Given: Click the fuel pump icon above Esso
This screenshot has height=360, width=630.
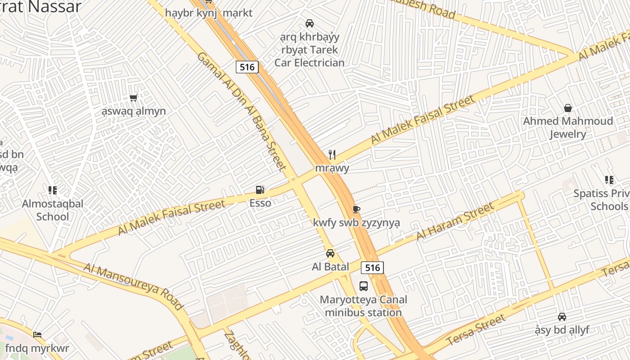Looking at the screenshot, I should click(x=260, y=190).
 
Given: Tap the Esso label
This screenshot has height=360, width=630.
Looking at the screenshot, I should click(x=260, y=203).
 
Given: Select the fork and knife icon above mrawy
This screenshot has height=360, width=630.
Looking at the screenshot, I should click(x=332, y=155).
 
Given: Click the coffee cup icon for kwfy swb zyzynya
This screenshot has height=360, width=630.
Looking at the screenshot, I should click(x=356, y=209).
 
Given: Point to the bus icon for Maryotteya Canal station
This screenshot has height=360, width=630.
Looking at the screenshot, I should click(x=363, y=286).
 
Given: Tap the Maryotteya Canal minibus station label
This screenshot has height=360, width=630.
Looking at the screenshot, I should click(x=363, y=306).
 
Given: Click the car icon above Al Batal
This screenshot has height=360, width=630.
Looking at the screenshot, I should click(x=330, y=253).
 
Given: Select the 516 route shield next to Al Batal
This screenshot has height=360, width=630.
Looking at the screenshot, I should click(x=372, y=268).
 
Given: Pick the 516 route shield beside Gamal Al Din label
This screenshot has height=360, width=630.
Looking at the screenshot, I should click(x=247, y=67).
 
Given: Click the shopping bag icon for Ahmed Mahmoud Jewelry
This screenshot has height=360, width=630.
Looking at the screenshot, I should click(x=568, y=108).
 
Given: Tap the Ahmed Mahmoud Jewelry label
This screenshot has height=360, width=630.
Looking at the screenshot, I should click(x=568, y=127).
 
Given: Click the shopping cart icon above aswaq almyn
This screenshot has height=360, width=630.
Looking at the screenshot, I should click(x=133, y=98).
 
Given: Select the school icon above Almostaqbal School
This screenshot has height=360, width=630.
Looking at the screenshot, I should click(x=53, y=190).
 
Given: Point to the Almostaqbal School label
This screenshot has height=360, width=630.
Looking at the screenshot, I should click(x=53, y=210).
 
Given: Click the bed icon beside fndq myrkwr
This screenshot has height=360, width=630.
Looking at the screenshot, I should click(x=37, y=335).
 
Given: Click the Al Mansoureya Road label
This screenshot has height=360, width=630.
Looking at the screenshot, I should click(x=134, y=286).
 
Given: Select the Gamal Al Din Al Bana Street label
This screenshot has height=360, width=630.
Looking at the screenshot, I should click(x=242, y=111).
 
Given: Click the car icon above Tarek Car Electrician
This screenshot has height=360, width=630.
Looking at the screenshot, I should click(x=310, y=23).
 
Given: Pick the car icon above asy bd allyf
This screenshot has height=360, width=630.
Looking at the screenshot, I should click(x=562, y=317).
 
